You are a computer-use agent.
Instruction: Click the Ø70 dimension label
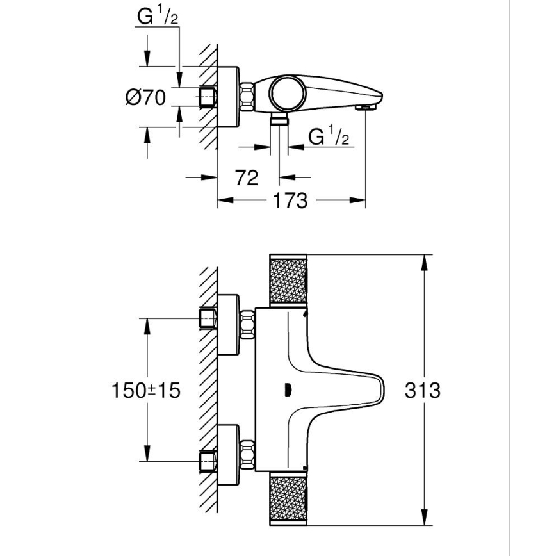coord(145,97)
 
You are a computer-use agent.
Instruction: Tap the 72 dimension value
coord(246,177)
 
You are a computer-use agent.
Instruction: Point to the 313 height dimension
coord(423,389)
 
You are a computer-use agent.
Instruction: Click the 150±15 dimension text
coord(145,389)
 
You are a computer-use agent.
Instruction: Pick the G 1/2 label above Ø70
coord(157,17)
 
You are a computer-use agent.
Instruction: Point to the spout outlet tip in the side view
coord(366,107)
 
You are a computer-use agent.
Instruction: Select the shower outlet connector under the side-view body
coord(279,120)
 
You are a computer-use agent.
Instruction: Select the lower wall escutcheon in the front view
coord(229,448)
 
